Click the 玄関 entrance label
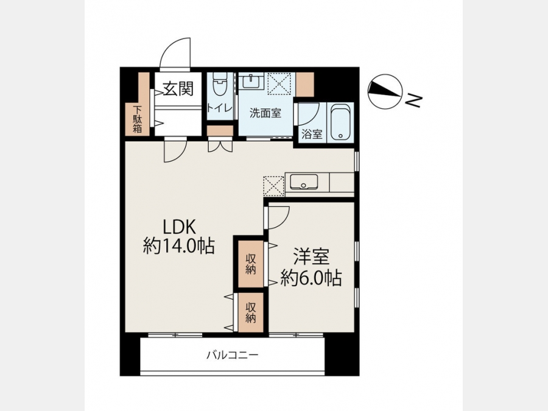(178, 88)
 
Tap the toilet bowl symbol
(220, 84)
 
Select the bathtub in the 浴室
(340, 122)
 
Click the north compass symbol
(385, 91)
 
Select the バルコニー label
(232, 356)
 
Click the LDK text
(180, 227)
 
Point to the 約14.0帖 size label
(178, 246)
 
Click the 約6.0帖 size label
(311, 278)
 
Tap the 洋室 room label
(311, 257)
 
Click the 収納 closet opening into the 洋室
(251, 264)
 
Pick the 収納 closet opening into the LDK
(251, 312)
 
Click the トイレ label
(219, 107)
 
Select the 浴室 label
(312, 134)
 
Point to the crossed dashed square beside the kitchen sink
(273, 186)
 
